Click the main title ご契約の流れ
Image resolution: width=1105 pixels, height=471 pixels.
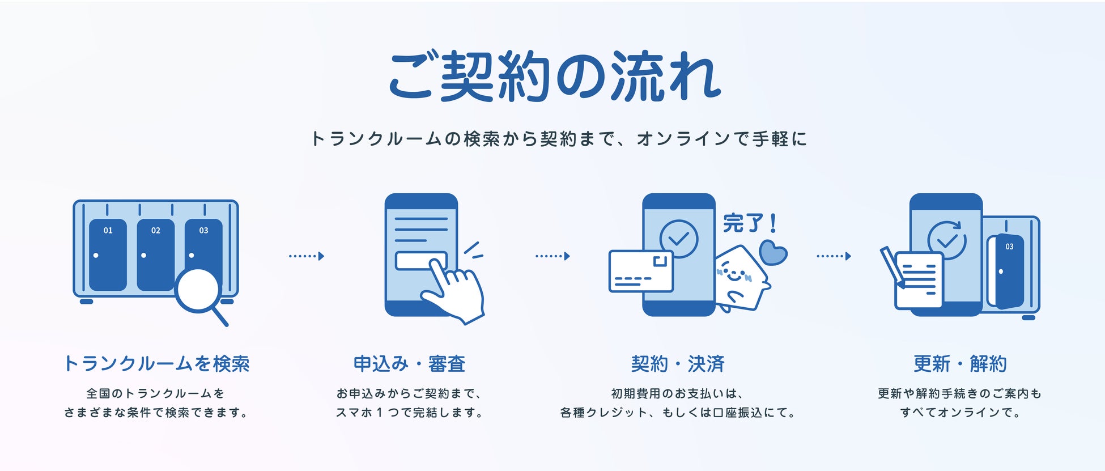(554, 77)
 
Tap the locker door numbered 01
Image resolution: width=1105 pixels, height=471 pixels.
(108, 254)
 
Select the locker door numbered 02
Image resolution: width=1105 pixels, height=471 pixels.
(155, 254)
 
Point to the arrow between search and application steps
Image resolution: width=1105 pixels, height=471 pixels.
(306, 256)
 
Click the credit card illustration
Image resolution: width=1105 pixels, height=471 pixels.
(640, 271)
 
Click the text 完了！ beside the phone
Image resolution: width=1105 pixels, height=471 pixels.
(749, 223)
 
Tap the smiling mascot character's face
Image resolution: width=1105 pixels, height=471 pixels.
(736, 274)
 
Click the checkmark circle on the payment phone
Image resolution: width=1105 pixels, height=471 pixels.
(678, 239)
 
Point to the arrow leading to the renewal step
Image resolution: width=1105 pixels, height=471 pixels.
(834, 256)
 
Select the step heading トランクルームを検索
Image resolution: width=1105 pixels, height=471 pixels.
(156, 363)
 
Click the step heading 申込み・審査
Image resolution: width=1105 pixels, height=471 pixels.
(409, 363)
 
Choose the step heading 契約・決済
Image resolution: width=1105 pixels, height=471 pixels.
(678, 363)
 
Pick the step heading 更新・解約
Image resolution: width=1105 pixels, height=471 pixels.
(959, 363)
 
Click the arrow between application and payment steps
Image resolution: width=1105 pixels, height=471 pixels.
(552, 256)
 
